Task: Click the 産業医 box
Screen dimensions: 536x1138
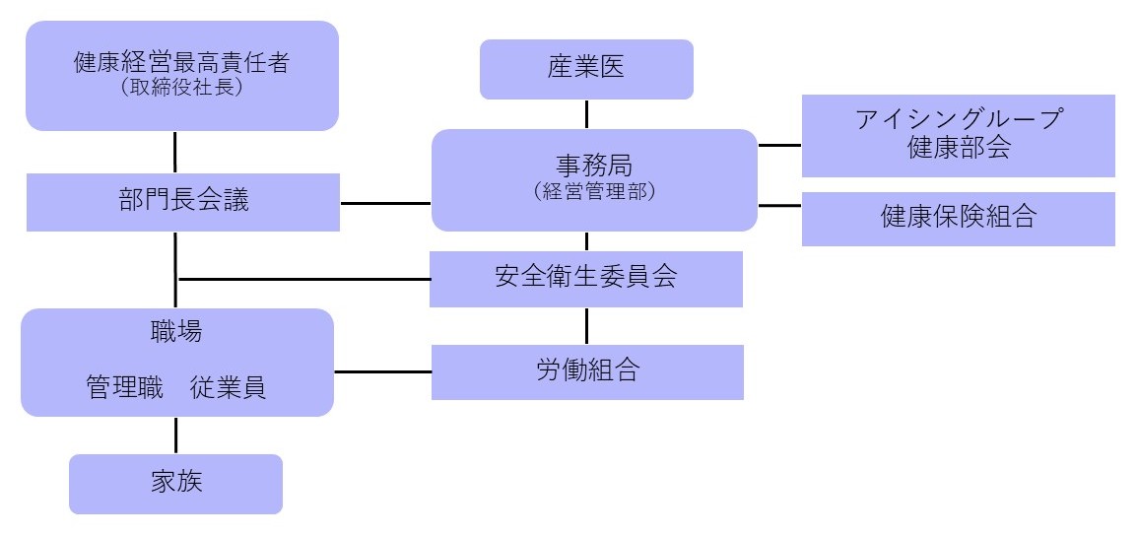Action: (586, 69)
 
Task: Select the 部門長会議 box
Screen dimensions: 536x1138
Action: (182, 202)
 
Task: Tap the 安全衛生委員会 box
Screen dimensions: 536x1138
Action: (585, 278)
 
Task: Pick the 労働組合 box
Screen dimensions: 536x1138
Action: (587, 371)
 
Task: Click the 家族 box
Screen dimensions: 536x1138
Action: (175, 484)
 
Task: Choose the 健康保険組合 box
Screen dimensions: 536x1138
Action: (958, 218)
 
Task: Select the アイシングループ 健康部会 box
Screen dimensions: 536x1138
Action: (958, 135)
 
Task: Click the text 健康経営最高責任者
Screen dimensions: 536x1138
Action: (181, 63)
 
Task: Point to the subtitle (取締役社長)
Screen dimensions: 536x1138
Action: (181, 88)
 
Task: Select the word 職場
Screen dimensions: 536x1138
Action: (177, 332)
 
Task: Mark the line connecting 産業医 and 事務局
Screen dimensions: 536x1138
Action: (587, 113)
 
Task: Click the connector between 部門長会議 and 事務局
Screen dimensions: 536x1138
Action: (385, 203)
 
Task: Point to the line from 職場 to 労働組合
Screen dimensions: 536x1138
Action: (382, 371)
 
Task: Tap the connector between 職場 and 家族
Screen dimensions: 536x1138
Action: (176, 435)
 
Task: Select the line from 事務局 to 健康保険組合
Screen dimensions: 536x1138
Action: (779, 206)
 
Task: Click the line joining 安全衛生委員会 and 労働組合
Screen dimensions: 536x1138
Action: (587, 325)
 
